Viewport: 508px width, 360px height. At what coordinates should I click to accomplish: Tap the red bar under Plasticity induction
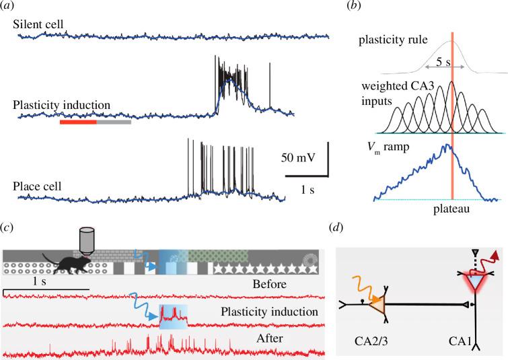(x=78, y=122)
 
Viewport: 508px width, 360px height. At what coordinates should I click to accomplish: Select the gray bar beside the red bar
(x=114, y=122)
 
